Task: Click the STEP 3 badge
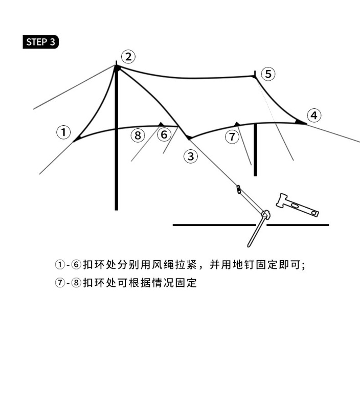pos(41,42)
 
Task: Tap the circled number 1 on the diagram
pos(63,133)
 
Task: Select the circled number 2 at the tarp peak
pos(128,56)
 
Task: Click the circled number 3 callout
pos(191,156)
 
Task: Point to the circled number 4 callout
pos(314,116)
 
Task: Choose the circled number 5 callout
pos(268,74)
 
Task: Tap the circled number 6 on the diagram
pos(164,135)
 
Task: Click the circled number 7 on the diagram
pos(233,137)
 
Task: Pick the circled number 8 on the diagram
pos(138,135)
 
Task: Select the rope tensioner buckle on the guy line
pos(239,190)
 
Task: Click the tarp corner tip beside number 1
pos(76,140)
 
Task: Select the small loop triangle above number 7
pos(236,124)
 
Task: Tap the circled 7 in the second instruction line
pos(60,283)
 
